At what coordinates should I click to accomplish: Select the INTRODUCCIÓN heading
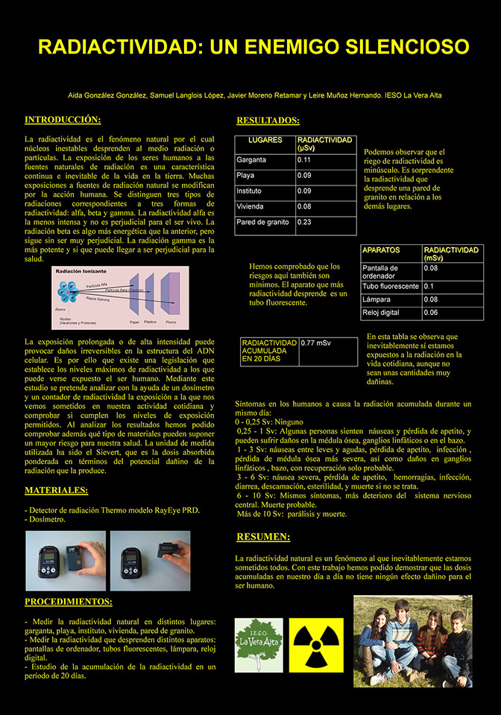pos(63,120)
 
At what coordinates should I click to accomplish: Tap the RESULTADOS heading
pos(268,121)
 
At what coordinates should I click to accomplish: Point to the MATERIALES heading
pos(56,490)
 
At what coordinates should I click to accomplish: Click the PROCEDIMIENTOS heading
pos(69,602)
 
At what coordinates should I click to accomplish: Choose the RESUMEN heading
pos(263,537)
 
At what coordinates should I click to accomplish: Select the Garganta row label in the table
pos(251,159)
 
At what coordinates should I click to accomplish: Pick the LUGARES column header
pos(265,140)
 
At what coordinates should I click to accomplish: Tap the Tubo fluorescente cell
pos(390,286)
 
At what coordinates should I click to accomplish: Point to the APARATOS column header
pos(381,250)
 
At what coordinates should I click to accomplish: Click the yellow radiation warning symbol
pos(318,645)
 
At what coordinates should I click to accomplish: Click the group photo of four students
pos(412,641)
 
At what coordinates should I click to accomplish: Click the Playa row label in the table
pos(246,176)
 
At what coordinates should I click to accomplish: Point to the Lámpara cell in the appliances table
pos(376,299)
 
